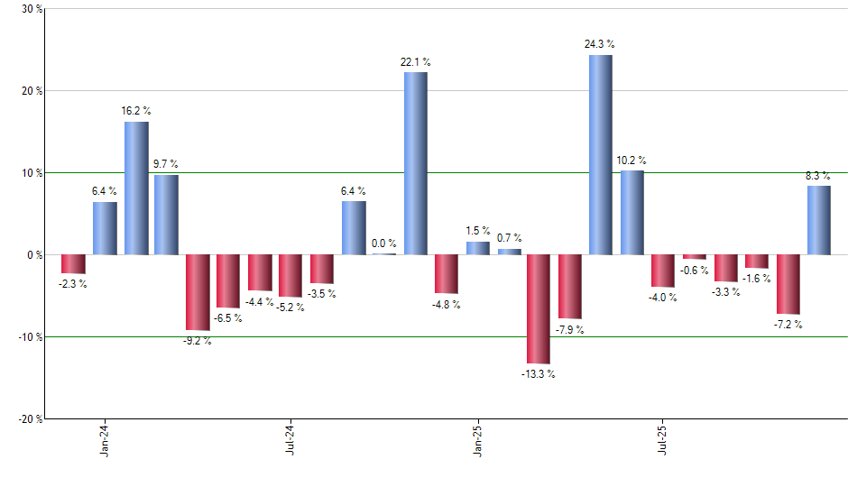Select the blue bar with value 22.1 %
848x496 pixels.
point(415,163)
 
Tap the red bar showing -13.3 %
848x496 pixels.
point(539,308)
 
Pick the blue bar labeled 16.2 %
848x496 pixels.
point(136,188)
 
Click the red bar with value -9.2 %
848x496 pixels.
point(198,292)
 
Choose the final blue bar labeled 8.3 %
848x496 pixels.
point(818,220)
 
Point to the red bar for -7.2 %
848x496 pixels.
point(788,284)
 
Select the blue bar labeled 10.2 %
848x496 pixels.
point(631,213)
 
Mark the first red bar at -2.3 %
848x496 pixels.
point(74,264)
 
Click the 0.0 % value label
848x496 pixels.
point(384,243)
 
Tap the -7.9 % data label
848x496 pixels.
point(569,330)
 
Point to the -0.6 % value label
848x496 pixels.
point(694,271)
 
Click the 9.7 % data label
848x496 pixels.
point(166,164)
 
